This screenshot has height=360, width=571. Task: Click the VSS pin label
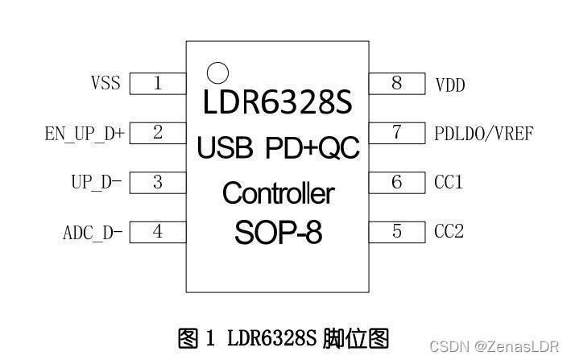[x=106, y=83]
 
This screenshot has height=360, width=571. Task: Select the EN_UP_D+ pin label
[x=85, y=134]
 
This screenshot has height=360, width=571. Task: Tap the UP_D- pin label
[x=97, y=182]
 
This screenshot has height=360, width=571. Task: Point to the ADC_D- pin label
[x=93, y=233]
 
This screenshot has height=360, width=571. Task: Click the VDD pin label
[x=450, y=85]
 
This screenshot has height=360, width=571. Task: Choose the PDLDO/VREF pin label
[x=484, y=134]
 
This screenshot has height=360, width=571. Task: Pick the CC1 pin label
[x=449, y=182]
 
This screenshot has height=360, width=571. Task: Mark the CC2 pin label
[x=449, y=231]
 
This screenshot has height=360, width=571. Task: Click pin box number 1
[x=158, y=84]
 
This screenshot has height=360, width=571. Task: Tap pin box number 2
[x=158, y=133]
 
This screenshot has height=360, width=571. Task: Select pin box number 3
[x=158, y=182]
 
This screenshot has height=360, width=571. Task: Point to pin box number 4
[x=158, y=232]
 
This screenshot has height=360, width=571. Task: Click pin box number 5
[x=397, y=232]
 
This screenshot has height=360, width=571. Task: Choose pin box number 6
[x=397, y=182]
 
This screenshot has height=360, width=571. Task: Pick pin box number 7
[x=397, y=133]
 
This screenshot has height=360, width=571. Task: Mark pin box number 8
[x=397, y=84]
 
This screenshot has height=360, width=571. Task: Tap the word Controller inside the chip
[x=279, y=193]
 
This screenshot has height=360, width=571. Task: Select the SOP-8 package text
[x=279, y=233]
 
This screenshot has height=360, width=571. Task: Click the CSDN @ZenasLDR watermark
[x=494, y=346]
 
